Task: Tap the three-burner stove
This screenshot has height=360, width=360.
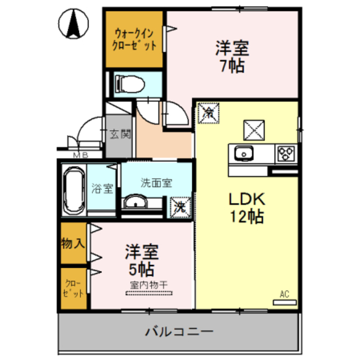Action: tap(285, 152)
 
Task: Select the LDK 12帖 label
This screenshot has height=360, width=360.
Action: tap(246, 208)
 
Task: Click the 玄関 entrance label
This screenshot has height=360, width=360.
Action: tap(119, 134)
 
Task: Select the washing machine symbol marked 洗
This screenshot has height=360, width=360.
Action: tap(180, 206)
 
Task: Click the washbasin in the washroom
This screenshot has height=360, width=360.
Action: tap(136, 202)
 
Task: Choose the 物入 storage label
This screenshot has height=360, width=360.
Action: tap(74, 243)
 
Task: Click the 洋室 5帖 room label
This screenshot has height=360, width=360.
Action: tap(141, 258)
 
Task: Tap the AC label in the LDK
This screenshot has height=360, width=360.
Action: tap(284, 294)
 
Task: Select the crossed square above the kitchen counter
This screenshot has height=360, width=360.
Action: tap(253, 130)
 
